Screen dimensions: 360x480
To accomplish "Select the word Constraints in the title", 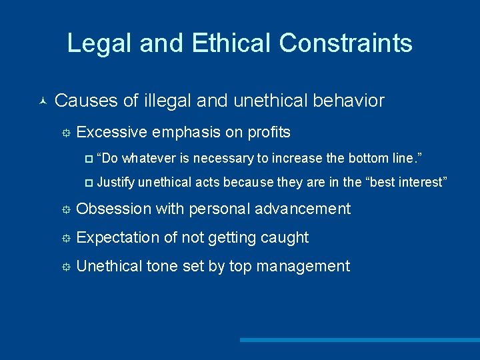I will click(x=345, y=43).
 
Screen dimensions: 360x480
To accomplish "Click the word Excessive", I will click(x=111, y=133).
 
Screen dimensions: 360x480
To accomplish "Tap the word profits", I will click(x=269, y=133).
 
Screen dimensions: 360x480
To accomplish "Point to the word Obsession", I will click(x=114, y=209).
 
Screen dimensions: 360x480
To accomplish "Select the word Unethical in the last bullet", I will click(x=109, y=267).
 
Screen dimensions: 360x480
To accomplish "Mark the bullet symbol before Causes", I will click(x=42, y=101).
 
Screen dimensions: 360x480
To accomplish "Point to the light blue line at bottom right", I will click(x=360, y=340).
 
